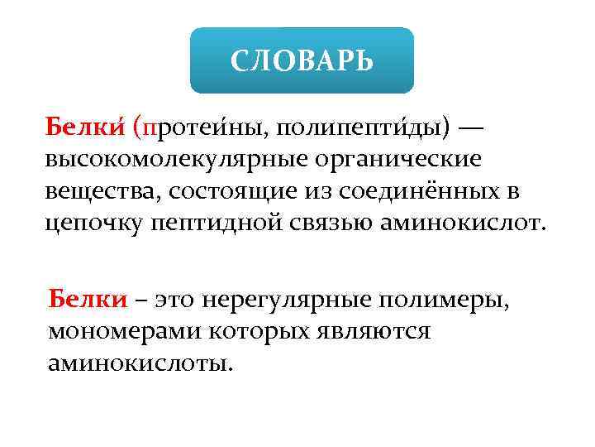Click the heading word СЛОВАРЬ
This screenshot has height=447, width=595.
coord(301,60)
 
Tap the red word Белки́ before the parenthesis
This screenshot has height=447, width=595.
coord(83,128)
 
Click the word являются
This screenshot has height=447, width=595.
coord(380,331)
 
